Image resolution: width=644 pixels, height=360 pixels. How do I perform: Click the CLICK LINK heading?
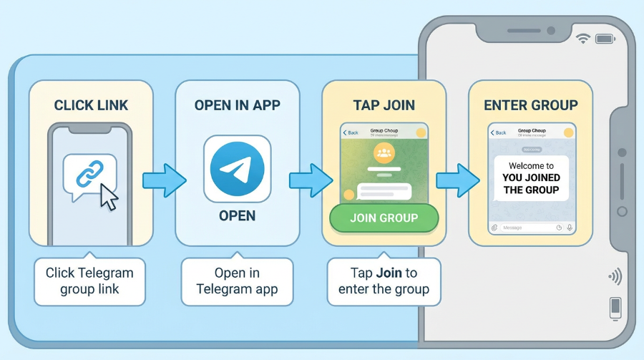[x=91, y=105]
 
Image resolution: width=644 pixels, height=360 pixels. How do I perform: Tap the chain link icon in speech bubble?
[x=89, y=174]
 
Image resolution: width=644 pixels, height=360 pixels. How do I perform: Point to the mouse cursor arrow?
[x=109, y=196]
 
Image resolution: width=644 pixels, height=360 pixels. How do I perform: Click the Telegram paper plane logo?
[x=237, y=168]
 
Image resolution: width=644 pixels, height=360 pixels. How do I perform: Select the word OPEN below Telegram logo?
[x=237, y=215]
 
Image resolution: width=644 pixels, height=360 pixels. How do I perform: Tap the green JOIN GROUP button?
[x=384, y=218]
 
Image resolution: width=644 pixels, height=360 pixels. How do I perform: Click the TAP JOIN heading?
[x=384, y=105]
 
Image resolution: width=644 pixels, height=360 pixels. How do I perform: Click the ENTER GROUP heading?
[x=530, y=105]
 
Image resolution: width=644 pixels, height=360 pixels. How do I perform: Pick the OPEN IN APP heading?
[x=237, y=105]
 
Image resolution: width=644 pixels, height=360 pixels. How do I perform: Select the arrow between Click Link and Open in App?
[x=163, y=180]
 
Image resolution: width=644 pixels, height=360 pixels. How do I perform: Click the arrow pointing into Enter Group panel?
[x=457, y=180]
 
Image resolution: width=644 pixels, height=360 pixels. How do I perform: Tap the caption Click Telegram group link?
[x=89, y=281]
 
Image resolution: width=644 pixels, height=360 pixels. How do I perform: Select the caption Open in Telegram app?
[x=237, y=281]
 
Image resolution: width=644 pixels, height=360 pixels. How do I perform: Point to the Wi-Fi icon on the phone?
[x=584, y=39]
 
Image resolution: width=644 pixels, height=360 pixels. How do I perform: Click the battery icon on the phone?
[x=605, y=39]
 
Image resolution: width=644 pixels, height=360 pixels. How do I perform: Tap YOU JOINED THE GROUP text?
[x=531, y=184]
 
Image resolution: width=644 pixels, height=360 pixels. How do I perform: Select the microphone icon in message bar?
[x=570, y=228]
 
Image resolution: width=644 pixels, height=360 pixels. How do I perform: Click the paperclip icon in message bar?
[x=494, y=228]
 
